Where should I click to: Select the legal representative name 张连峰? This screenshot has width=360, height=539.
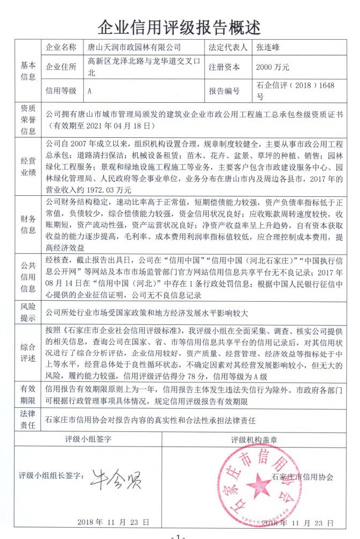(x=276, y=47)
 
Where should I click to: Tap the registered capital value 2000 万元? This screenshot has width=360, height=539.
(x=273, y=68)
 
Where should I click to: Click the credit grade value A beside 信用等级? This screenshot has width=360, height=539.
(x=89, y=91)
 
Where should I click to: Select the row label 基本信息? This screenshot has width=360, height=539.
(x=28, y=70)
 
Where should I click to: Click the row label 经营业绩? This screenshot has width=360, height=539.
(x=28, y=166)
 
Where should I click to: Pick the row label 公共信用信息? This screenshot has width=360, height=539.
(x=28, y=278)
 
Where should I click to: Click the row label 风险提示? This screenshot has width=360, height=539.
(x=28, y=312)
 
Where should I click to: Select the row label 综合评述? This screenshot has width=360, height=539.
(x=28, y=351)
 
